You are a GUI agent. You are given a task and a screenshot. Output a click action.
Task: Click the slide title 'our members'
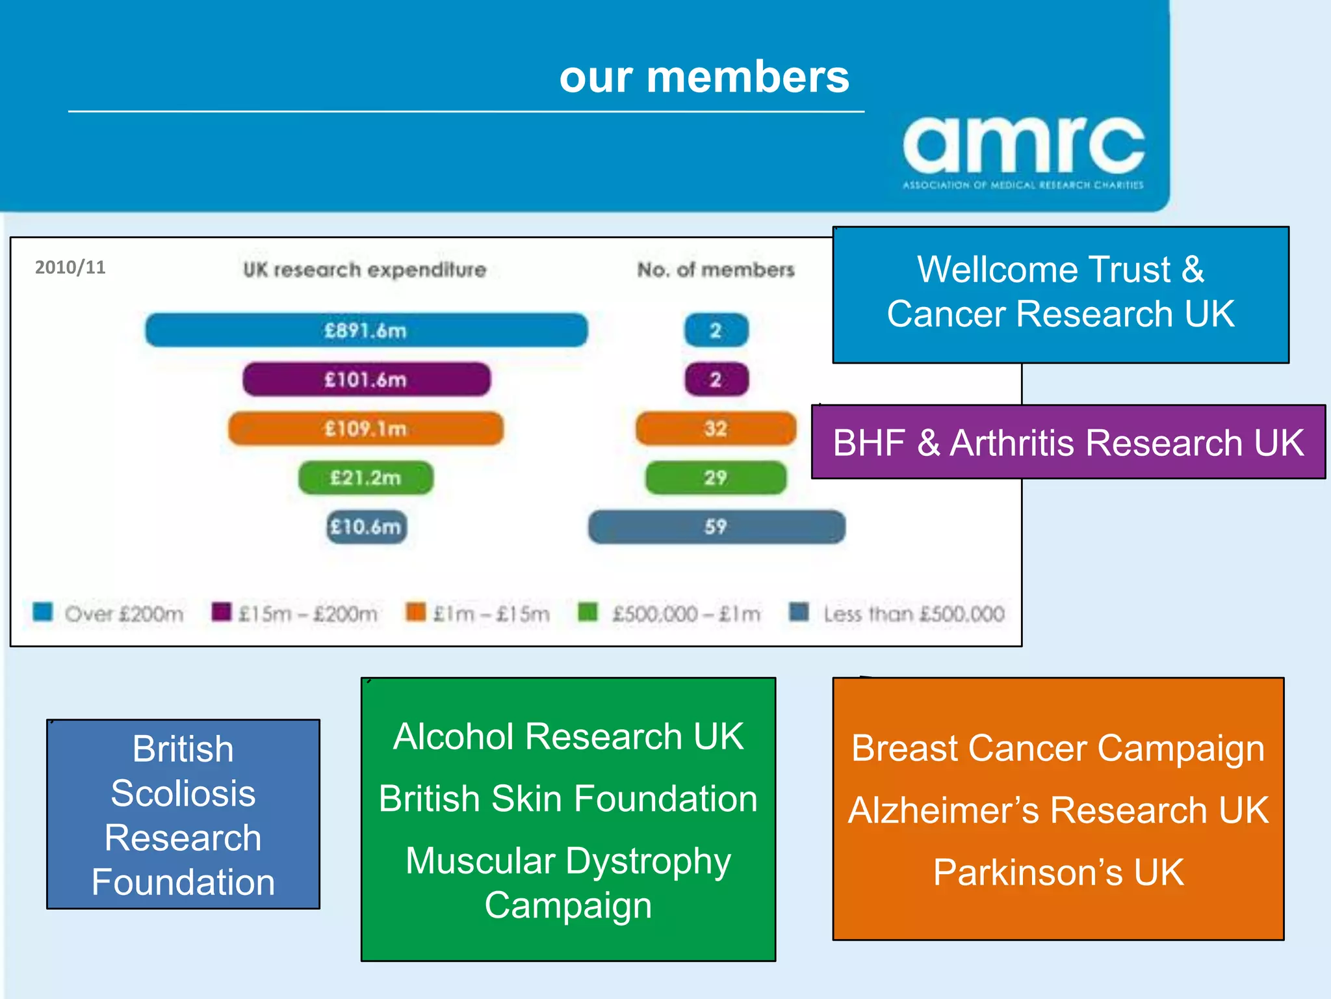coord(704,77)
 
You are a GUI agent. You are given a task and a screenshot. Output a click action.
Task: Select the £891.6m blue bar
coord(366,330)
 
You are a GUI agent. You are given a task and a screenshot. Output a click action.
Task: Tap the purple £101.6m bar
coord(366,379)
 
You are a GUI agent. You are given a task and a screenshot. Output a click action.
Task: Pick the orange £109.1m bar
coord(366,429)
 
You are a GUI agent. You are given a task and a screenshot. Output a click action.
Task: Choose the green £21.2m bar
coord(366,478)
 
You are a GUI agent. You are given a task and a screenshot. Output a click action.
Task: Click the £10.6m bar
coord(366,527)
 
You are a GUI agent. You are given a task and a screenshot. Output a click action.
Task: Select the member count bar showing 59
coord(716,527)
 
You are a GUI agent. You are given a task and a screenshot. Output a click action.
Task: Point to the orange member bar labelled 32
coord(716,429)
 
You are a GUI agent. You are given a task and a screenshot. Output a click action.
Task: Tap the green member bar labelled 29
coord(716,478)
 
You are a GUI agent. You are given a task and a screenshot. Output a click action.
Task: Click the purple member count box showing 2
coord(716,379)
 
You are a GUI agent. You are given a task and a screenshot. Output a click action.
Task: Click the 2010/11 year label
coord(70,267)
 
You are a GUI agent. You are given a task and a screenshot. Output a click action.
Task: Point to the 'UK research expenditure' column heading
coord(365,270)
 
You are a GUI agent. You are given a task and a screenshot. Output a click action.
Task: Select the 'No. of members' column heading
coord(716,270)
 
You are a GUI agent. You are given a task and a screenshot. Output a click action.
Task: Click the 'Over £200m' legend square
coord(43,612)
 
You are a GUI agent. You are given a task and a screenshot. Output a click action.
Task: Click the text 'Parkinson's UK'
coord(1058,872)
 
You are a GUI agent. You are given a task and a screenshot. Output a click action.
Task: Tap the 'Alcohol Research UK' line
coord(568,737)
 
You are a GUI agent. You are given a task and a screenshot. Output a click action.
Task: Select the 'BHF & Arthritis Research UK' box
coord(1068,442)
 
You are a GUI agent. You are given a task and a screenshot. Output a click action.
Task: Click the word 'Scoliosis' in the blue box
coord(183,793)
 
